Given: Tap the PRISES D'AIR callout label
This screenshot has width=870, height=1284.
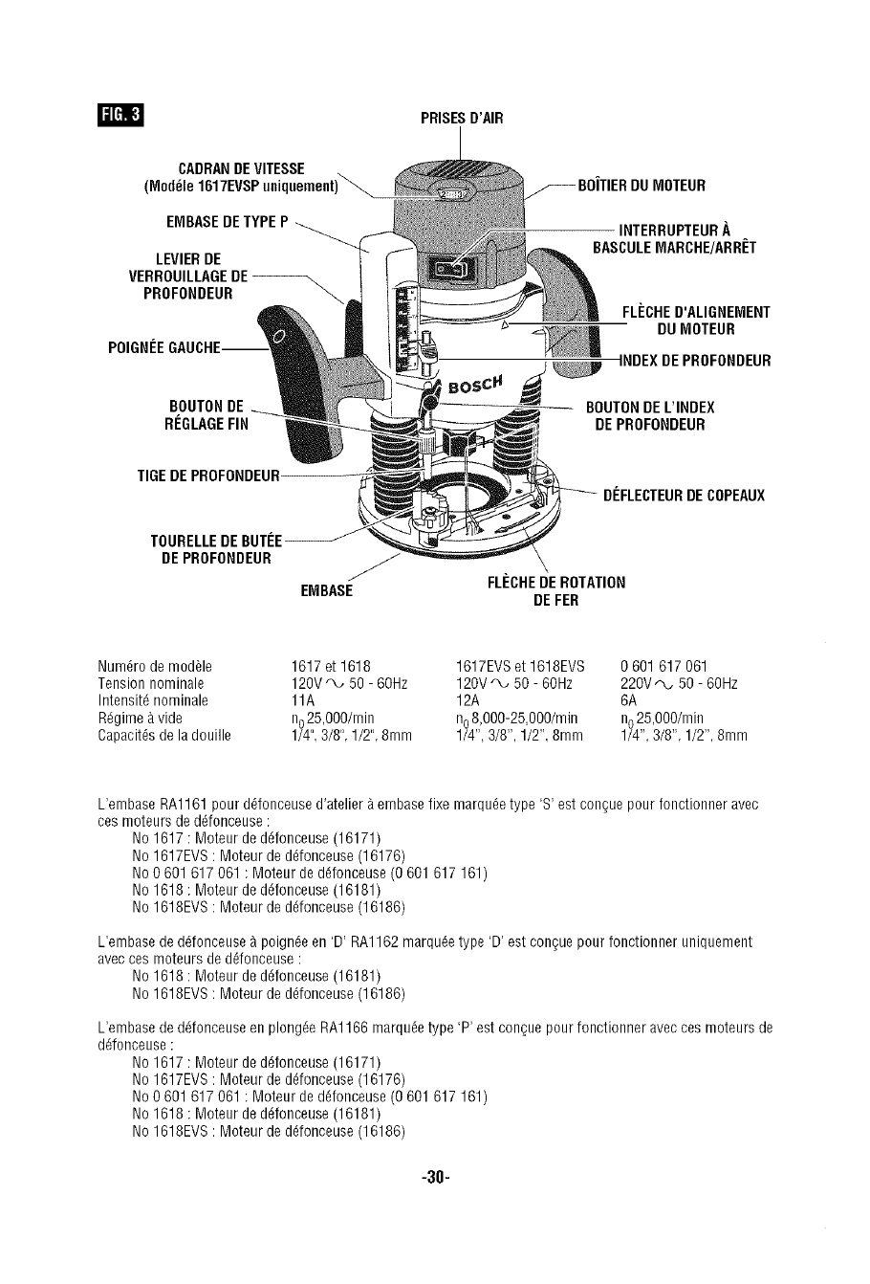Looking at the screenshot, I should [461, 118].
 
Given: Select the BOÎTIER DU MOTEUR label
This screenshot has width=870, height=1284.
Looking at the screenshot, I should [642, 185].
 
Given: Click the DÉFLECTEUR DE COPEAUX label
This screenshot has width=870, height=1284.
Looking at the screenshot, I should [684, 496].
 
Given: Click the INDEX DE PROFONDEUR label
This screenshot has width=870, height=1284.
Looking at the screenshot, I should [695, 361].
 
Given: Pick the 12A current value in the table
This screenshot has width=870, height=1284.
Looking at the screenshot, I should [468, 700].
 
